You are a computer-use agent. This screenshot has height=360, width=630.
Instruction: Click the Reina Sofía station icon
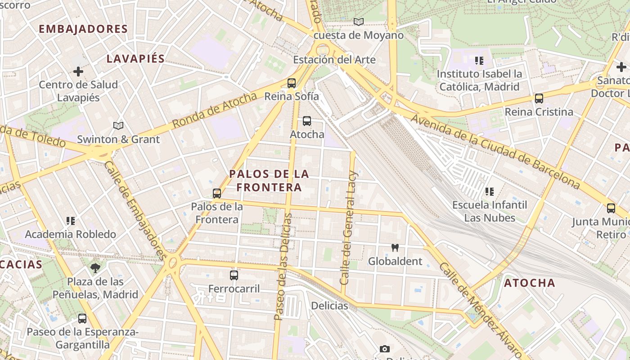tap(292, 83)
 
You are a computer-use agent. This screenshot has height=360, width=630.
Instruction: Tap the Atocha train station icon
tap(307, 121)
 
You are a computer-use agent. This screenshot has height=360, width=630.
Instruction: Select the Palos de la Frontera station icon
tap(217, 193)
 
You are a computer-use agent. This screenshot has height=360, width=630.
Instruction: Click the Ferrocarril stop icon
tap(234, 275)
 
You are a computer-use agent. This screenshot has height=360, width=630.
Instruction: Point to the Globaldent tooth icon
tap(395, 247)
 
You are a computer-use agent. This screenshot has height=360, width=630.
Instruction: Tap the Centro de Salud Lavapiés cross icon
tap(78, 72)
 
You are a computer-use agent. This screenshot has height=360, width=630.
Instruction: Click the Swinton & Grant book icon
tap(118, 126)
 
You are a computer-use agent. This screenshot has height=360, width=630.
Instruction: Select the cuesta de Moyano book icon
tap(358, 22)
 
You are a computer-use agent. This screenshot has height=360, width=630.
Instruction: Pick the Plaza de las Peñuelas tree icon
tap(95, 268)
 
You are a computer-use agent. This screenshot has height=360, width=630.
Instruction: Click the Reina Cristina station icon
tap(539, 99)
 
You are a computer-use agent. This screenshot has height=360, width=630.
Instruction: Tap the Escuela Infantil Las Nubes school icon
tap(490, 192)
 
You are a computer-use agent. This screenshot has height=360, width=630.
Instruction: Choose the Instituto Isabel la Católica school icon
tap(479, 60)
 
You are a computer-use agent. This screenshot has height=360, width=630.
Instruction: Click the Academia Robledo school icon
tap(71, 220)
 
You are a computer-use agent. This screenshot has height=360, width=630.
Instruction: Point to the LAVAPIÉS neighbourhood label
tap(135, 58)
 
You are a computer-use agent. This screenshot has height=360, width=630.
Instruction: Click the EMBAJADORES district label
tap(83, 29)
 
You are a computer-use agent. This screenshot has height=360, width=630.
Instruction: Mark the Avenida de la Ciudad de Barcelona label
tap(495, 151)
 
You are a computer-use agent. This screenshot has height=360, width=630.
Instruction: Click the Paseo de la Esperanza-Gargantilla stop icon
tap(82, 319)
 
